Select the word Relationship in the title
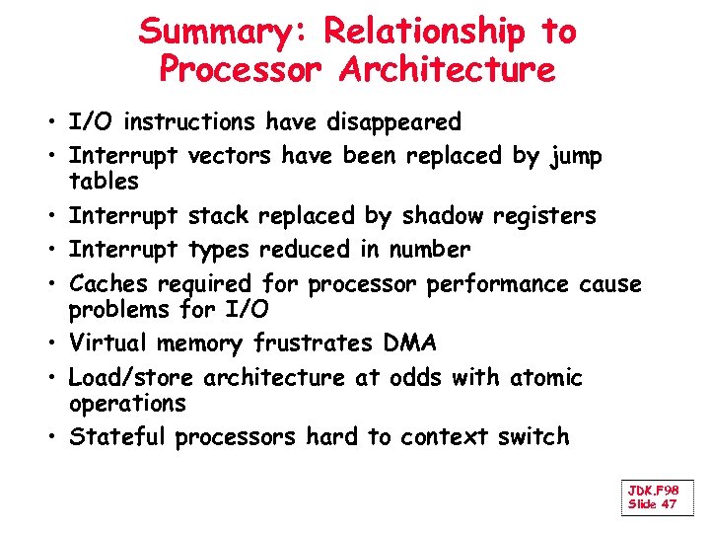425,32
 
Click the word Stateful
117,436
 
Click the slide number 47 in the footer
669,504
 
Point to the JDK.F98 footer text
653,491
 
